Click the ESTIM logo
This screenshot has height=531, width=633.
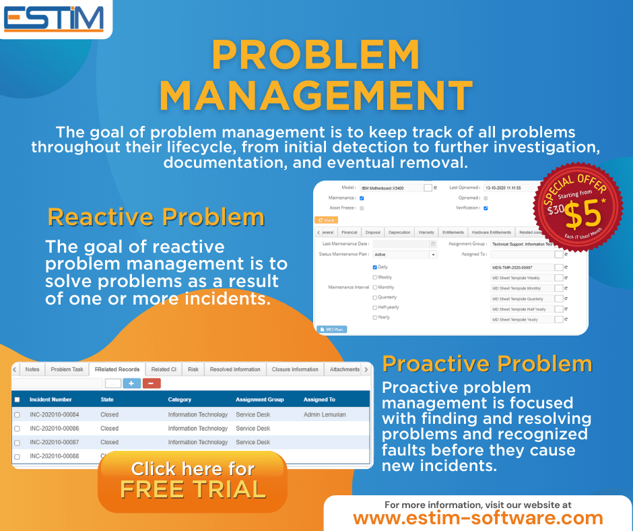pos(53,19)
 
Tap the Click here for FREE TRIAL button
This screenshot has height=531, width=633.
pos(193,479)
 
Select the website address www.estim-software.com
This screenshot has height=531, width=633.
pos(478,518)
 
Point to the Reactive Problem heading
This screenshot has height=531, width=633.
pos(156,217)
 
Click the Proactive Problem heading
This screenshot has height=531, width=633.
pos(487,364)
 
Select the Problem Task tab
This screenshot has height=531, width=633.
pos(67,369)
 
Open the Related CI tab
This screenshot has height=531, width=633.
pos(164,369)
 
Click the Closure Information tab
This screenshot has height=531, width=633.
pos(295,369)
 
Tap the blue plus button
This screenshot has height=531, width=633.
pos(131,383)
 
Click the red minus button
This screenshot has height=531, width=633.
pos(152,383)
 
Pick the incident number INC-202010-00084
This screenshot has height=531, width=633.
pos(55,414)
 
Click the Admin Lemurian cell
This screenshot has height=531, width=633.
pos(325,414)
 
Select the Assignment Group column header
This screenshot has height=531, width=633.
pos(260,400)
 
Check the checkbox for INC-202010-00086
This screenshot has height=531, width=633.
pos(18,429)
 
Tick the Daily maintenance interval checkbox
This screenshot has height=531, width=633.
pos(375,267)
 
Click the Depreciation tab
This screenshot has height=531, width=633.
pos(399,232)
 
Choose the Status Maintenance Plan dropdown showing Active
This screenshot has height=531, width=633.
pos(405,255)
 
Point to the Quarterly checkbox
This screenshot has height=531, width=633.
pos(375,297)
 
